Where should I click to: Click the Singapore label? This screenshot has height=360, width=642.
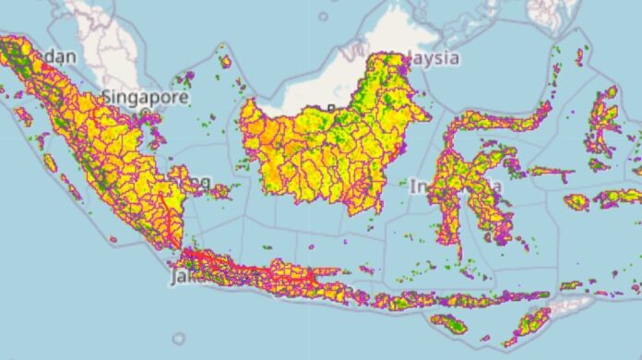(x=146, y=96)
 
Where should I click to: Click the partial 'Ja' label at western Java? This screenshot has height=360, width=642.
(x=178, y=276)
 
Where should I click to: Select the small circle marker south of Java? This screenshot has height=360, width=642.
(x=179, y=339)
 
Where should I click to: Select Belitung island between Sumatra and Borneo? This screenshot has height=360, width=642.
(x=220, y=192)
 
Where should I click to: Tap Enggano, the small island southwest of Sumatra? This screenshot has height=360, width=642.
(x=113, y=241)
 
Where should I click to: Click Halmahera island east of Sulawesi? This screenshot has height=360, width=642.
(x=603, y=120)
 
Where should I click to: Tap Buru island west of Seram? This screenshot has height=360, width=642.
(x=577, y=200)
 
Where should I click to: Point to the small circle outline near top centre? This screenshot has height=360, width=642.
(x=323, y=16)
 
